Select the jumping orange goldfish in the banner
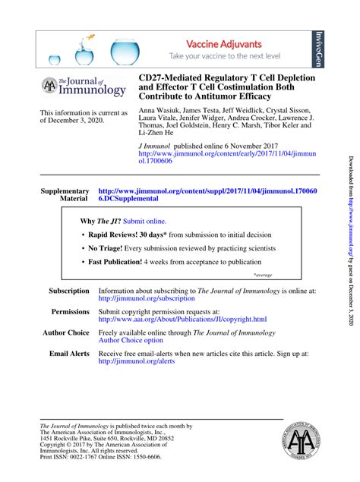click(x=90, y=37)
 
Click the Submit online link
click(x=145, y=221)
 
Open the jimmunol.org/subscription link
click(x=147, y=298)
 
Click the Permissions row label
click(x=70, y=312)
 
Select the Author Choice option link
click(x=131, y=341)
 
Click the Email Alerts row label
click(x=69, y=354)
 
